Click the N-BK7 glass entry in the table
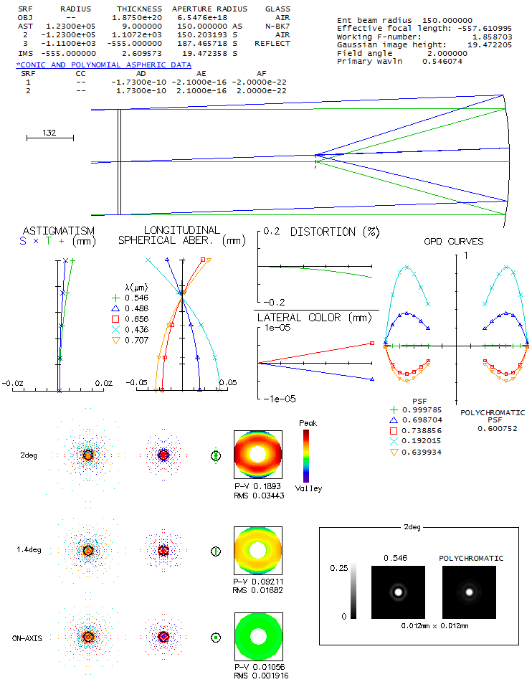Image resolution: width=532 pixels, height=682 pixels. [277, 26]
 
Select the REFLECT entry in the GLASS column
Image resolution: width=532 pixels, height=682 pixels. [272, 43]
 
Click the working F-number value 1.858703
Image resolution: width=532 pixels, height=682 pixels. [493, 35]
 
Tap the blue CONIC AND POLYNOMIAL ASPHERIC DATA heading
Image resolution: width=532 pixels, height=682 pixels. [104, 65]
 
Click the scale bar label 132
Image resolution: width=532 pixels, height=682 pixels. [49, 133]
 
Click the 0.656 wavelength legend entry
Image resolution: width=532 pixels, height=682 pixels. [136, 318]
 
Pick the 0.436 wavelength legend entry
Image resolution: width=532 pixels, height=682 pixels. [136, 329]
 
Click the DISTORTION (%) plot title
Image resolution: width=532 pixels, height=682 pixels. [333, 232]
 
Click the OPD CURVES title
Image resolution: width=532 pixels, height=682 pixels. [454, 241]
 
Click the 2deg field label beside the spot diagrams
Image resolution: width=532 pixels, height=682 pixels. [28, 455]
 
